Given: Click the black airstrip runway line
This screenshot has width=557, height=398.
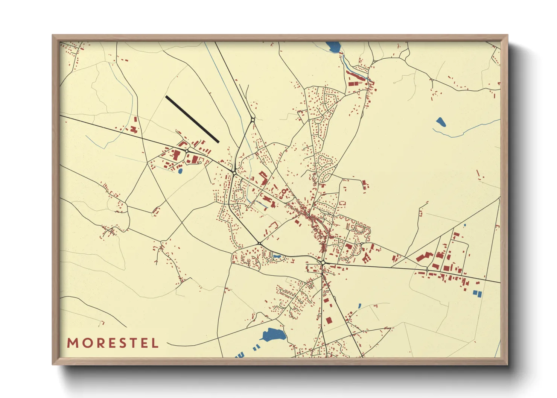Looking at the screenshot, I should point(192,119).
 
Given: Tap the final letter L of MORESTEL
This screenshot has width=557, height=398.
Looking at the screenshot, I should point(155,343).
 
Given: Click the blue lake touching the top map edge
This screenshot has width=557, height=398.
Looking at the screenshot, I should point(333,47).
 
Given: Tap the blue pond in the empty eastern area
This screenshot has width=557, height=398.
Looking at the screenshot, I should point(440,122).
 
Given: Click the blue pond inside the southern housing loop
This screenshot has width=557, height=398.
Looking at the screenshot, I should point(277,257).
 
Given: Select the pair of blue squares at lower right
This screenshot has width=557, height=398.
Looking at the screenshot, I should point(477,293).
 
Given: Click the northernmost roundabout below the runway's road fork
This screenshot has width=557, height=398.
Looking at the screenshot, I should point(253,120).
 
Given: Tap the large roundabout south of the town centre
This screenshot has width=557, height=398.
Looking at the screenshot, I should point(323,262).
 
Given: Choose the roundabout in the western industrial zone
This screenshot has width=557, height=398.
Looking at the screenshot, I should point(187,151).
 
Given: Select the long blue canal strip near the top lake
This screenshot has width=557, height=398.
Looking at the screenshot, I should point(356,73).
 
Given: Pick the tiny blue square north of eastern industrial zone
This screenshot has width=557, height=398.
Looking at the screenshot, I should point(465,225).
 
